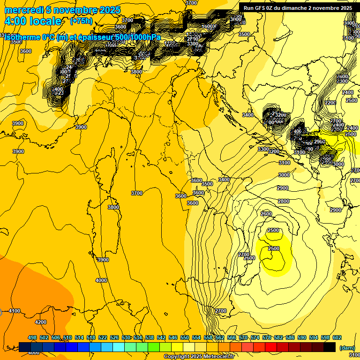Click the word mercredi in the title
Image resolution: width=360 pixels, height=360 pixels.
23,10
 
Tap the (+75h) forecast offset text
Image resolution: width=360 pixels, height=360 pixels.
81,21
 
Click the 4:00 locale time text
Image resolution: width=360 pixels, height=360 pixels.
33,21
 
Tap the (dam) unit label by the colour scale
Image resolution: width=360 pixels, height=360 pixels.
347,348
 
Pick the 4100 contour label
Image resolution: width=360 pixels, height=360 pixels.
15,311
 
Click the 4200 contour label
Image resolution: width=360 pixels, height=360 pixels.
41,322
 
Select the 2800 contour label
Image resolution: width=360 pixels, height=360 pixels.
283,201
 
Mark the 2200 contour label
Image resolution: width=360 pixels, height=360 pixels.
330,103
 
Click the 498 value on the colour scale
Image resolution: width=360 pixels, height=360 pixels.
32,337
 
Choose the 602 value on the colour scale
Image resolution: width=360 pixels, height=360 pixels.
337,337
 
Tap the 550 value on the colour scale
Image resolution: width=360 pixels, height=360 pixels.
185,337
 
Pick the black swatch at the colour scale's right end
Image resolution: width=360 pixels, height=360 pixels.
330,347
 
